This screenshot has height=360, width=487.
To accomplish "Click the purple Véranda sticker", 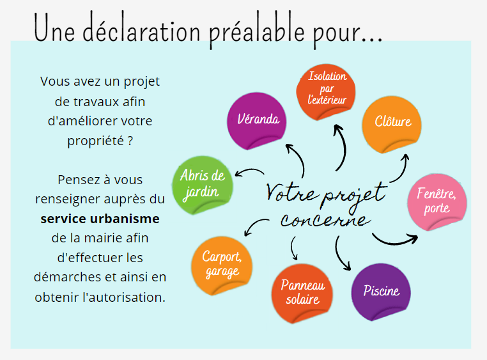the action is coord(256,121).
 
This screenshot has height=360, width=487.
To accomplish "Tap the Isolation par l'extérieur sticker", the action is coord(326,92).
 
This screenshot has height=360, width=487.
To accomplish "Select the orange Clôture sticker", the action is coord(392,125).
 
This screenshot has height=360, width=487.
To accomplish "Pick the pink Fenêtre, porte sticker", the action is coord(437,202).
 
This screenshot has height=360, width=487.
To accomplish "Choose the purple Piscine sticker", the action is coord(381,292).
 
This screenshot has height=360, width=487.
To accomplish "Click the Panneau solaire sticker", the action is coord(302,293).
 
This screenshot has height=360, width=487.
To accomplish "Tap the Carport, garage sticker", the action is coord(222,265).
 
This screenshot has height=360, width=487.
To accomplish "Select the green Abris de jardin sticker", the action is coord(203,185).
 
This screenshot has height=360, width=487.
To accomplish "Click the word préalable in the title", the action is coord(257,31).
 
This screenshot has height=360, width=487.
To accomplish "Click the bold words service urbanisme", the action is coord(100,219).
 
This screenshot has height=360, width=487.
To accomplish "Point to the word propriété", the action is coord(96,141).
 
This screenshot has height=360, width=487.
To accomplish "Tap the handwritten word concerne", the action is coord(325,220).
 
